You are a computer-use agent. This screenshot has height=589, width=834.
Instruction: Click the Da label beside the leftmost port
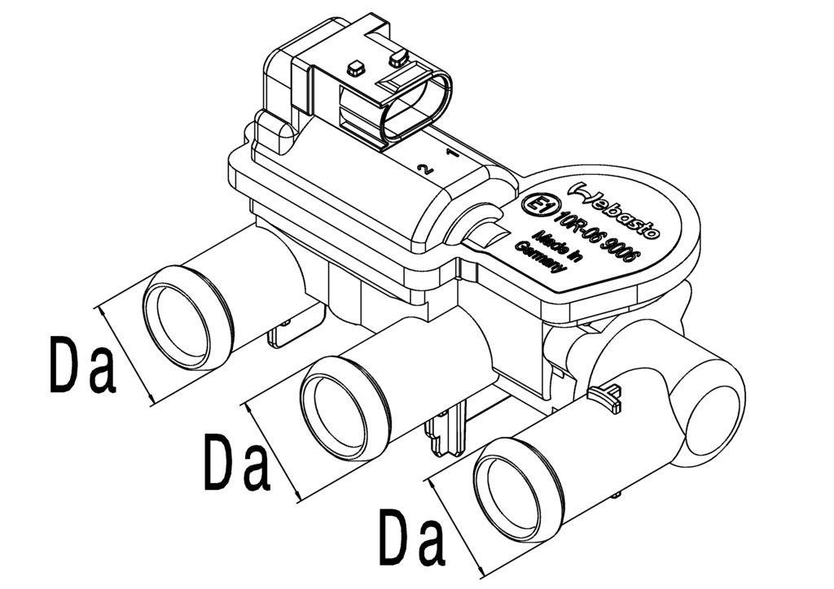click(82, 365)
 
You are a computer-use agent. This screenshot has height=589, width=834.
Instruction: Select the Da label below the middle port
click(237, 462)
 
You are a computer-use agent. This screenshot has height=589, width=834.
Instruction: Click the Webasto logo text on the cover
click(618, 211)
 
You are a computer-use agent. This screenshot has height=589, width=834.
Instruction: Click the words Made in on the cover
click(559, 247)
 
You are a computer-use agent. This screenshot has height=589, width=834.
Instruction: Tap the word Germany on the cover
click(539, 257)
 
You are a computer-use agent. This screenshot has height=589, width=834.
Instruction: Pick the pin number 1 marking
click(451, 154)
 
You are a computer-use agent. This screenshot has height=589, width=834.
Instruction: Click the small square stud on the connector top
click(354, 68)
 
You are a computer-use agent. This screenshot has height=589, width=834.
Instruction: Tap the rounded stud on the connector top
click(397, 58)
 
